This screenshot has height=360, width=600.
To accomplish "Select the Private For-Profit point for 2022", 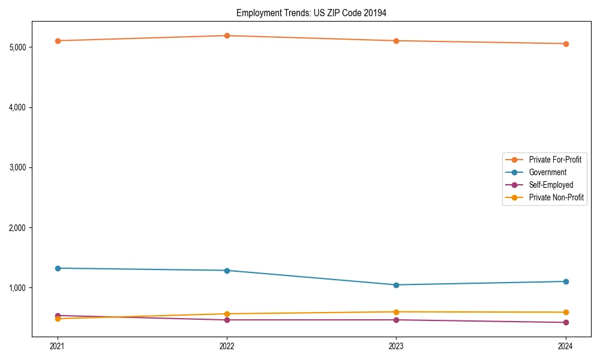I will (x=227, y=35).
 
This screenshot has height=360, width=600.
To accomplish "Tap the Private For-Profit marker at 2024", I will (x=566, y=44).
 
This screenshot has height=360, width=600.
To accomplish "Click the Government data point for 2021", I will (x=58, y=268).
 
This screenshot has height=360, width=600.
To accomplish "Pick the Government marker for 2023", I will (x=396, y=285).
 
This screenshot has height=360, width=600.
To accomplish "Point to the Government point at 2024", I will (x=566, y=281).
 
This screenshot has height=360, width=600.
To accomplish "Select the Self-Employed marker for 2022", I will (x=227, y=320).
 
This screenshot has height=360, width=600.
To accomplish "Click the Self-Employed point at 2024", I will (x=566, y=322).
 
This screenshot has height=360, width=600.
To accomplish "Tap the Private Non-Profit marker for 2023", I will (x=396, y=312).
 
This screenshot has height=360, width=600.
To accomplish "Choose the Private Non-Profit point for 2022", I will (x=227, y=314).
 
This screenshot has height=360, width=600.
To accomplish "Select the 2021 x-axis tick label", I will (x=58, y=346).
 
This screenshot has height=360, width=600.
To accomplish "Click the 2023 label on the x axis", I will (x=396, y=346).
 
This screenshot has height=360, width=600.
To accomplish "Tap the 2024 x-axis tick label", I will (x=566, y=346).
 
